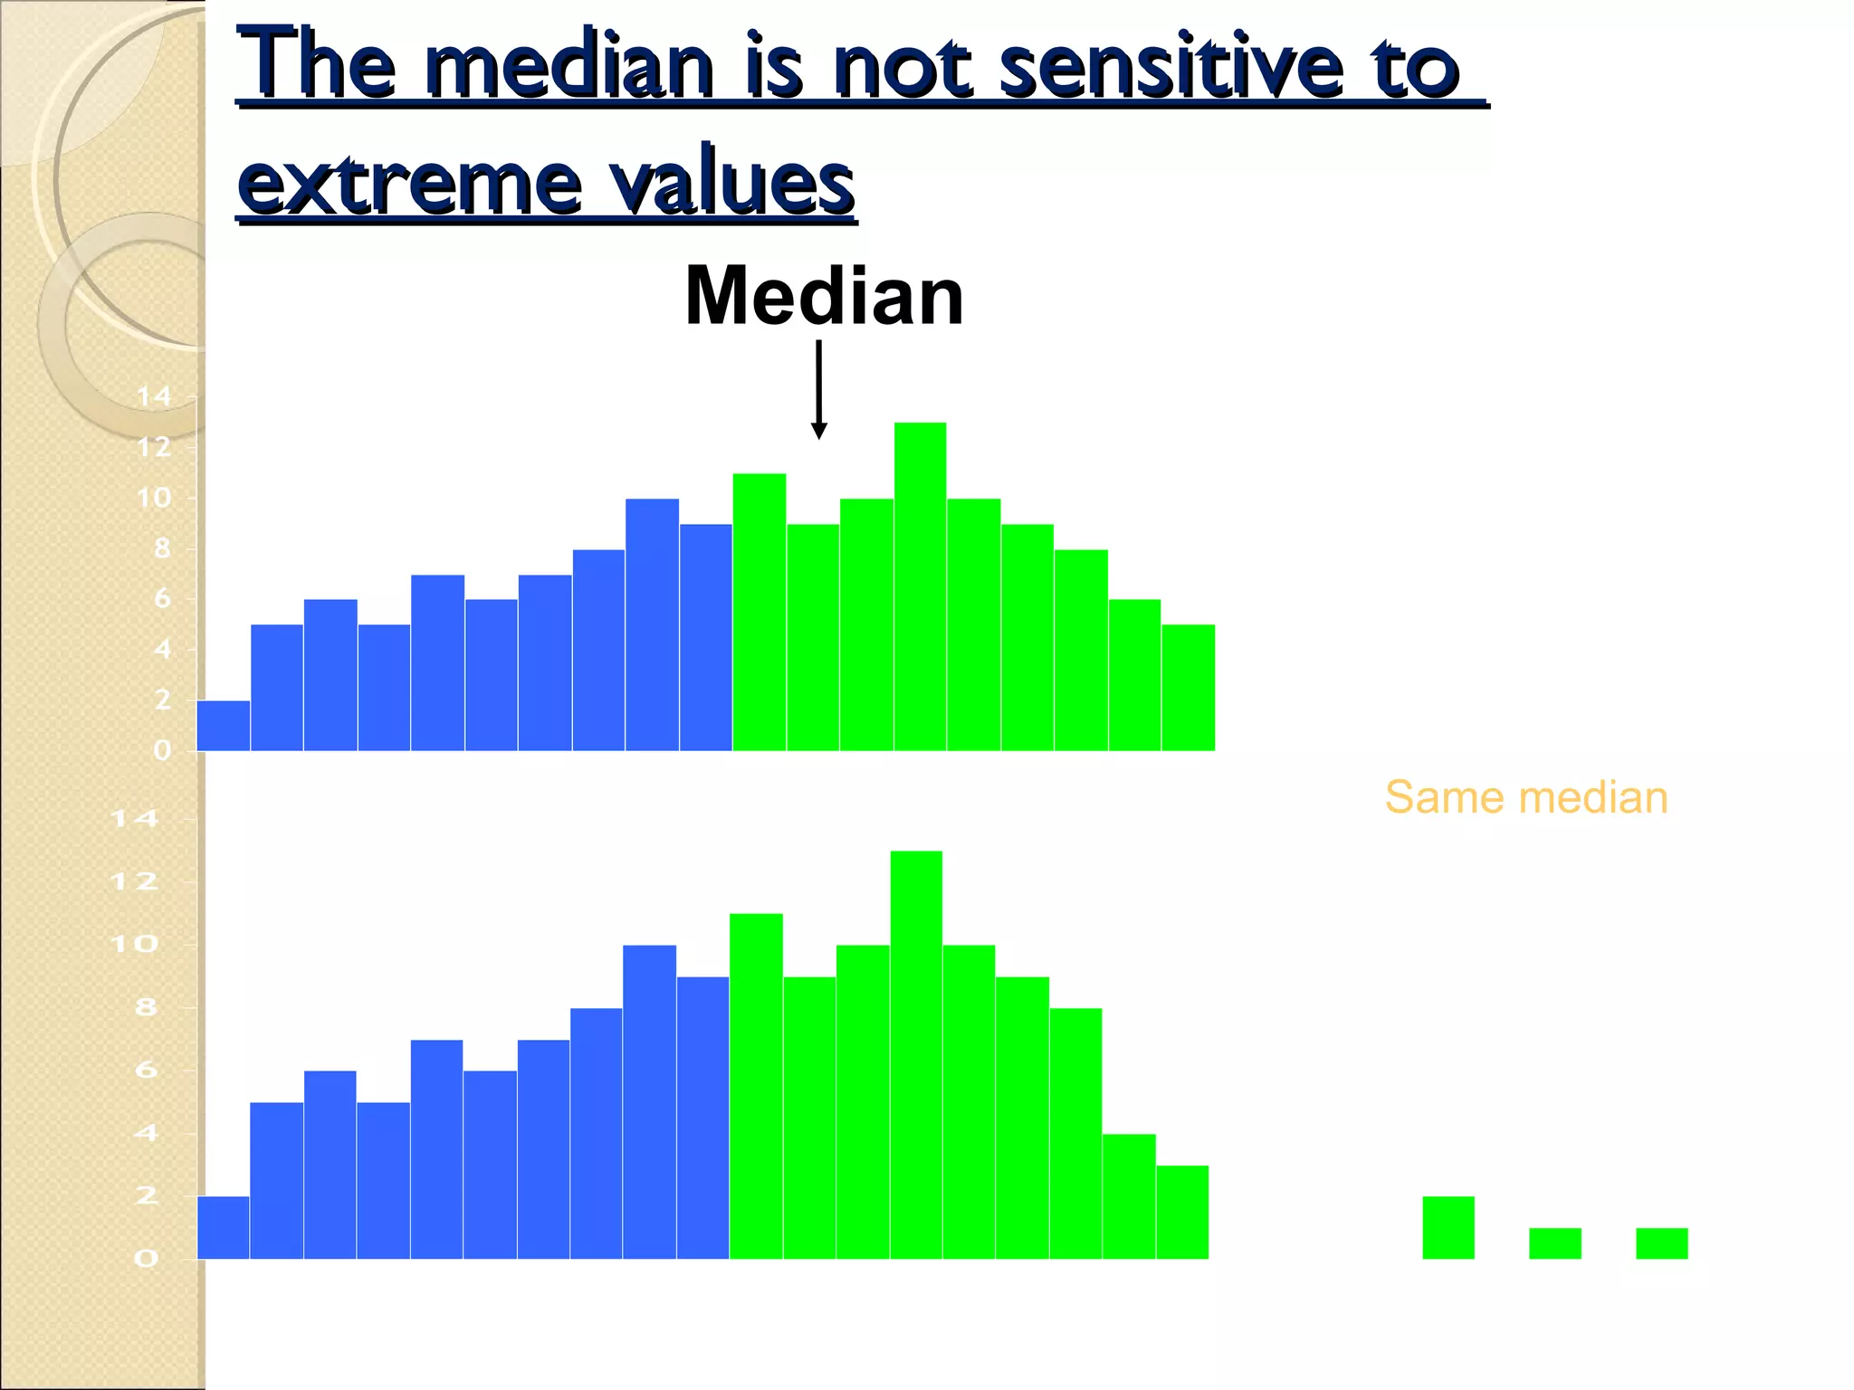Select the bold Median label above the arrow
(x=824, y=296)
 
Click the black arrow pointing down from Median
(x=818, y=389)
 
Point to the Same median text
(x=1525, y=798)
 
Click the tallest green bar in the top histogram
(x=920, y=586)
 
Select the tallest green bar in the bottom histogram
(x=916, y=1054)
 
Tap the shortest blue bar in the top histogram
(x=223, y=726)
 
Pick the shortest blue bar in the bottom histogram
(x=223, y=1228)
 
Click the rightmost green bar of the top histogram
(x=1188, y=688)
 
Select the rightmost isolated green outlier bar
(x=1661, y=1243)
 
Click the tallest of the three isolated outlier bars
(x=1448, y=1228)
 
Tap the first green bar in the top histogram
(x=759, y=612)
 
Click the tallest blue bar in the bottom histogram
(x=649, y=1101)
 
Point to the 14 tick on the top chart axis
(x=153, y=396)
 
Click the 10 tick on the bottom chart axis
(x=133, y=945)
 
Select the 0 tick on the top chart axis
(x=162, y=750)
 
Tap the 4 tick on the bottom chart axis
(x=145, y=1133)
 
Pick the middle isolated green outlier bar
(x=1554, y=1243)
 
